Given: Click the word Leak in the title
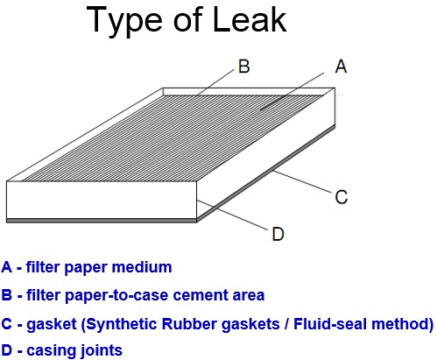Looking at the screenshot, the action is [x=250, y=19].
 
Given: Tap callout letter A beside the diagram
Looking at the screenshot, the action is [x=341, y=67].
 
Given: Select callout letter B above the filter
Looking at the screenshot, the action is [x=244, y=67].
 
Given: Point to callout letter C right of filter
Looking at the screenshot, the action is [x=342, y=197].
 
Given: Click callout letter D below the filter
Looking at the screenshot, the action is [x=278, y=234].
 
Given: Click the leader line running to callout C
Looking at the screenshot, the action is [x=302, y=182].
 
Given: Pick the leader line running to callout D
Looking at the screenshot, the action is [x=232, y=215].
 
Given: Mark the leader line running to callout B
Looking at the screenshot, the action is [x=215, y=82].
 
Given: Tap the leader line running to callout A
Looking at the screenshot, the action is [x=292, y=91].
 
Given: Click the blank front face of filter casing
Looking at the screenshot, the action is [x=102, y=200].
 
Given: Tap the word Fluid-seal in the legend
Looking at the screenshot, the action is [x=326, y=324].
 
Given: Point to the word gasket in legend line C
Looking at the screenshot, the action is [x=52, y=324].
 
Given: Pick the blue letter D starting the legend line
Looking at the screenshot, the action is [x=6, y=350].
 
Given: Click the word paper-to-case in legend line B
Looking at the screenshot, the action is [x=117, y=295].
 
